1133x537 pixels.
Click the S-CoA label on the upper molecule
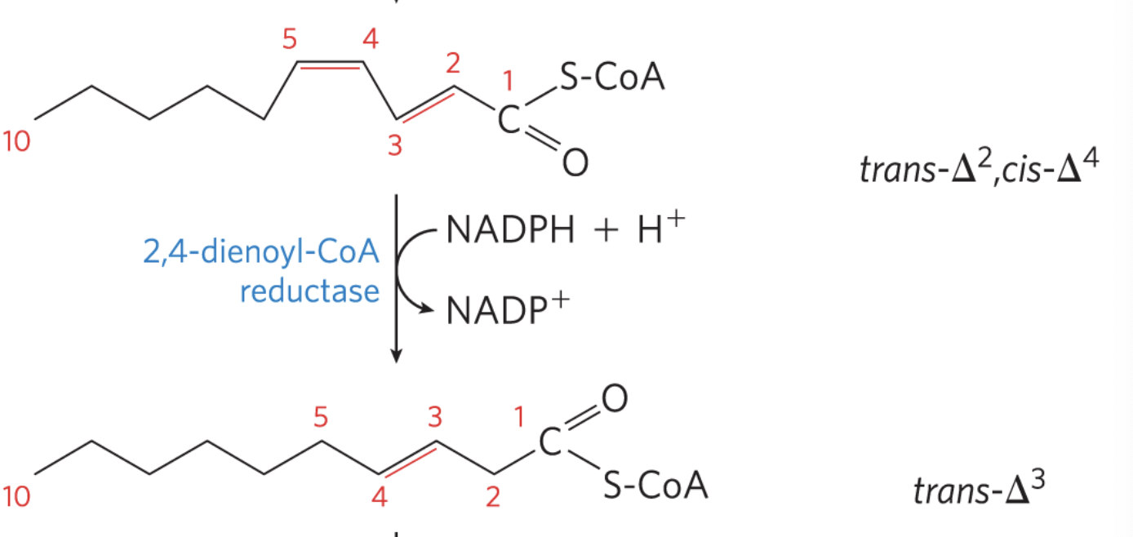pos(611,79)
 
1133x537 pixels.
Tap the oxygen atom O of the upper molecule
pos(574,163)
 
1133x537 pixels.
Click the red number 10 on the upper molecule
pos(16,142)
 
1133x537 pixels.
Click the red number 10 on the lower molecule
pos(16,497)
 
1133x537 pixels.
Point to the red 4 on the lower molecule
pos(380,497)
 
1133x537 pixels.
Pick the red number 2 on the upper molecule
pos(455,62)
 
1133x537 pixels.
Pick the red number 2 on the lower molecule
pos(491,497)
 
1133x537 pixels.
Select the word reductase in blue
pos(309,291)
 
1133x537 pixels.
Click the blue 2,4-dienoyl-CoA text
pos(261,253)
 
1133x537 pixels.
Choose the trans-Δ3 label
pos(978,490)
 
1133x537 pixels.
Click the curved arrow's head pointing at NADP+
pos(427,308)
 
